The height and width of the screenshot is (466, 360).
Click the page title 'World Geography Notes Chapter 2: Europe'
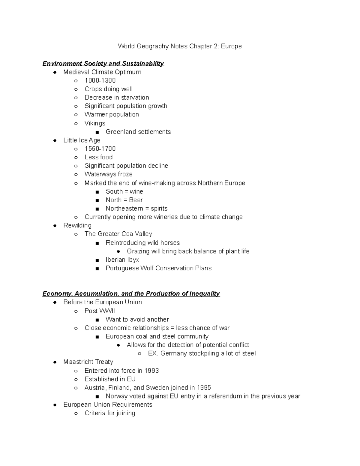(180, 46)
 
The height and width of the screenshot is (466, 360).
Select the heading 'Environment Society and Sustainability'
(103, 63)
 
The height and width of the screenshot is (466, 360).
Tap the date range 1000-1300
(100, 80)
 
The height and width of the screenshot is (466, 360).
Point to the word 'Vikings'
(95, 123)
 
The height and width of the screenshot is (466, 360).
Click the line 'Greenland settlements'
(138, 132)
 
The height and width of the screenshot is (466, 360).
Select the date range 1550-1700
(100, 149)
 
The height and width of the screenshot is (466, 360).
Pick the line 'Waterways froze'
(108, 174)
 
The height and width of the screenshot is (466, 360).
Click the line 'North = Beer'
(124, 200)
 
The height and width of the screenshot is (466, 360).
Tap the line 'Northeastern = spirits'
(136, 209)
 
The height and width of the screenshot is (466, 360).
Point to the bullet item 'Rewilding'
(77, 225)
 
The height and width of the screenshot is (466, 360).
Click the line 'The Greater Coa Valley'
(118, 234)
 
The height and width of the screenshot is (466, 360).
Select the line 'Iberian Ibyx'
(122, 260)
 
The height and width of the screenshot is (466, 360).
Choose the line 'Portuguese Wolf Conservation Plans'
(158, 268)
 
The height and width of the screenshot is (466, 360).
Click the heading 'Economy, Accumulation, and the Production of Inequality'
(131, 293)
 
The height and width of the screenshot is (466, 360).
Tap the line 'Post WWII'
(100, 311)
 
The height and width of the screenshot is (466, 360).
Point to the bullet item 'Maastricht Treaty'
(88, 362)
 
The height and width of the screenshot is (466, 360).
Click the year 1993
(151, 371)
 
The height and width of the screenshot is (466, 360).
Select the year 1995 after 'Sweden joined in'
(204, 388)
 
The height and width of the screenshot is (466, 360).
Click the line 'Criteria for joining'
(110, 413)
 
